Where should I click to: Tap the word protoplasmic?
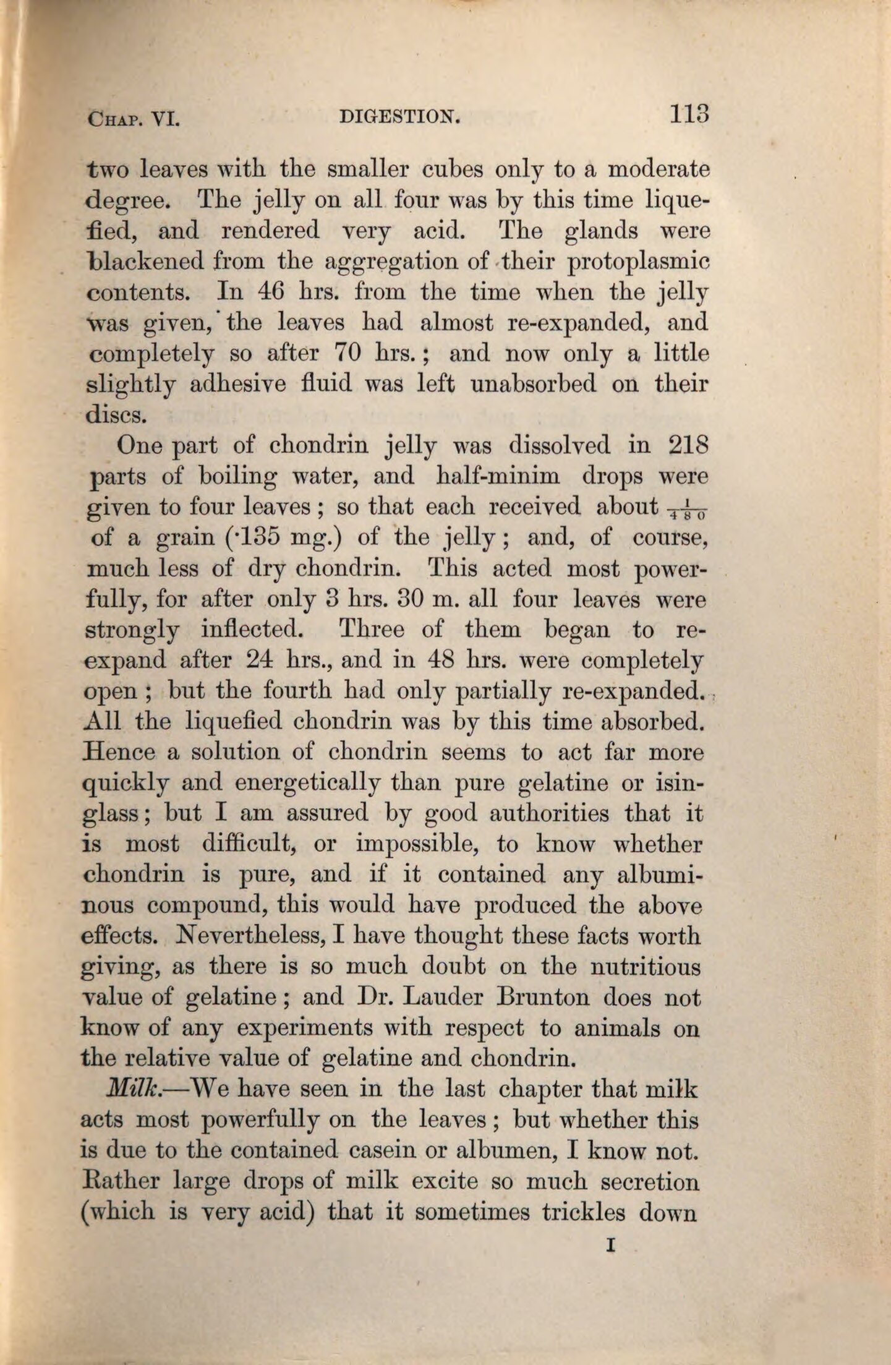(x=638, y=261)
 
